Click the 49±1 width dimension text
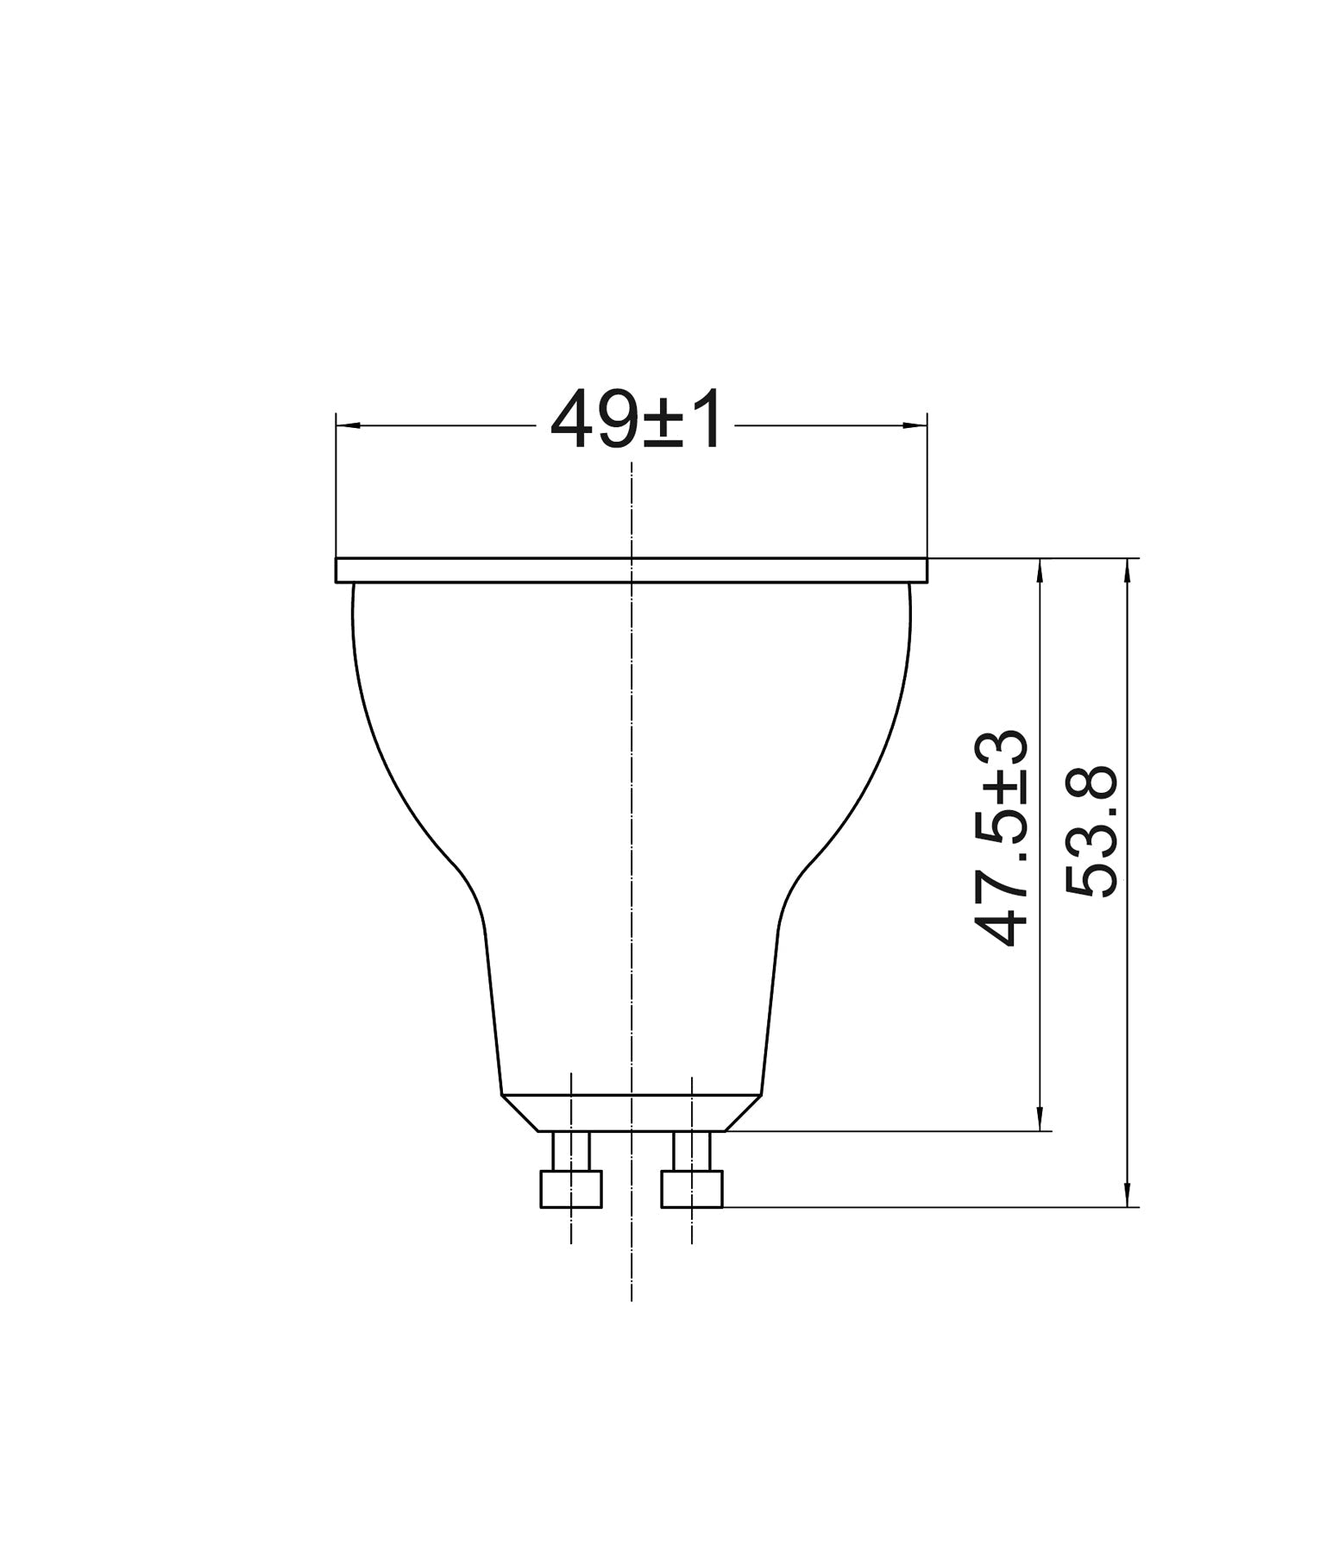coord(636,422)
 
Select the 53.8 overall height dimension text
coord(1091,833)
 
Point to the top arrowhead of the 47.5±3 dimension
coord(1042,569)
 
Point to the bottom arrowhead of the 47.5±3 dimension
coord(1042,1119)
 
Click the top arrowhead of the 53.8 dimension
coord(1128,569)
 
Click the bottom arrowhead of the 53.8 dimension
coord(1128,1196)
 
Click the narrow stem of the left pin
coord(570,1150)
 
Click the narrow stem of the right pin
coord(691,1150)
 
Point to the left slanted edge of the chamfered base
coord(520,1113)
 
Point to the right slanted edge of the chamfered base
coord(743,1113)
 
